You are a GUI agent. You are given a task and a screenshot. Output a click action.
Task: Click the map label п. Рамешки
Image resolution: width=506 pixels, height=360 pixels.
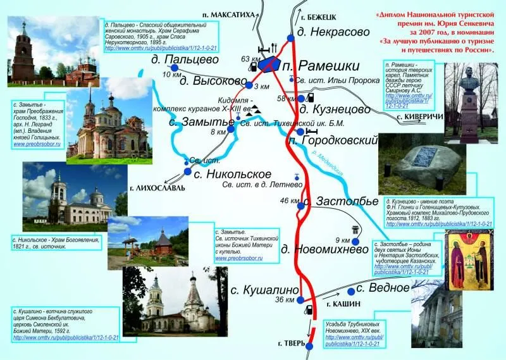tap(311, 66)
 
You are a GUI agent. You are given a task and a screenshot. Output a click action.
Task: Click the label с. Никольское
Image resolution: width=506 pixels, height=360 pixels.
tap(231, 173)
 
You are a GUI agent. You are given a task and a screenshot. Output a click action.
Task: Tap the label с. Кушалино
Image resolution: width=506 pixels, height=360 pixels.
tap(263, 290)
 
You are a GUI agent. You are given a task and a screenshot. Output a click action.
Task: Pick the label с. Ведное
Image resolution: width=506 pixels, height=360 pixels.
tap(383, 288)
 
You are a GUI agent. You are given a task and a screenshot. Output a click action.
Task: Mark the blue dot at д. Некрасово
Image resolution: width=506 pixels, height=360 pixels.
tap(290, 38)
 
